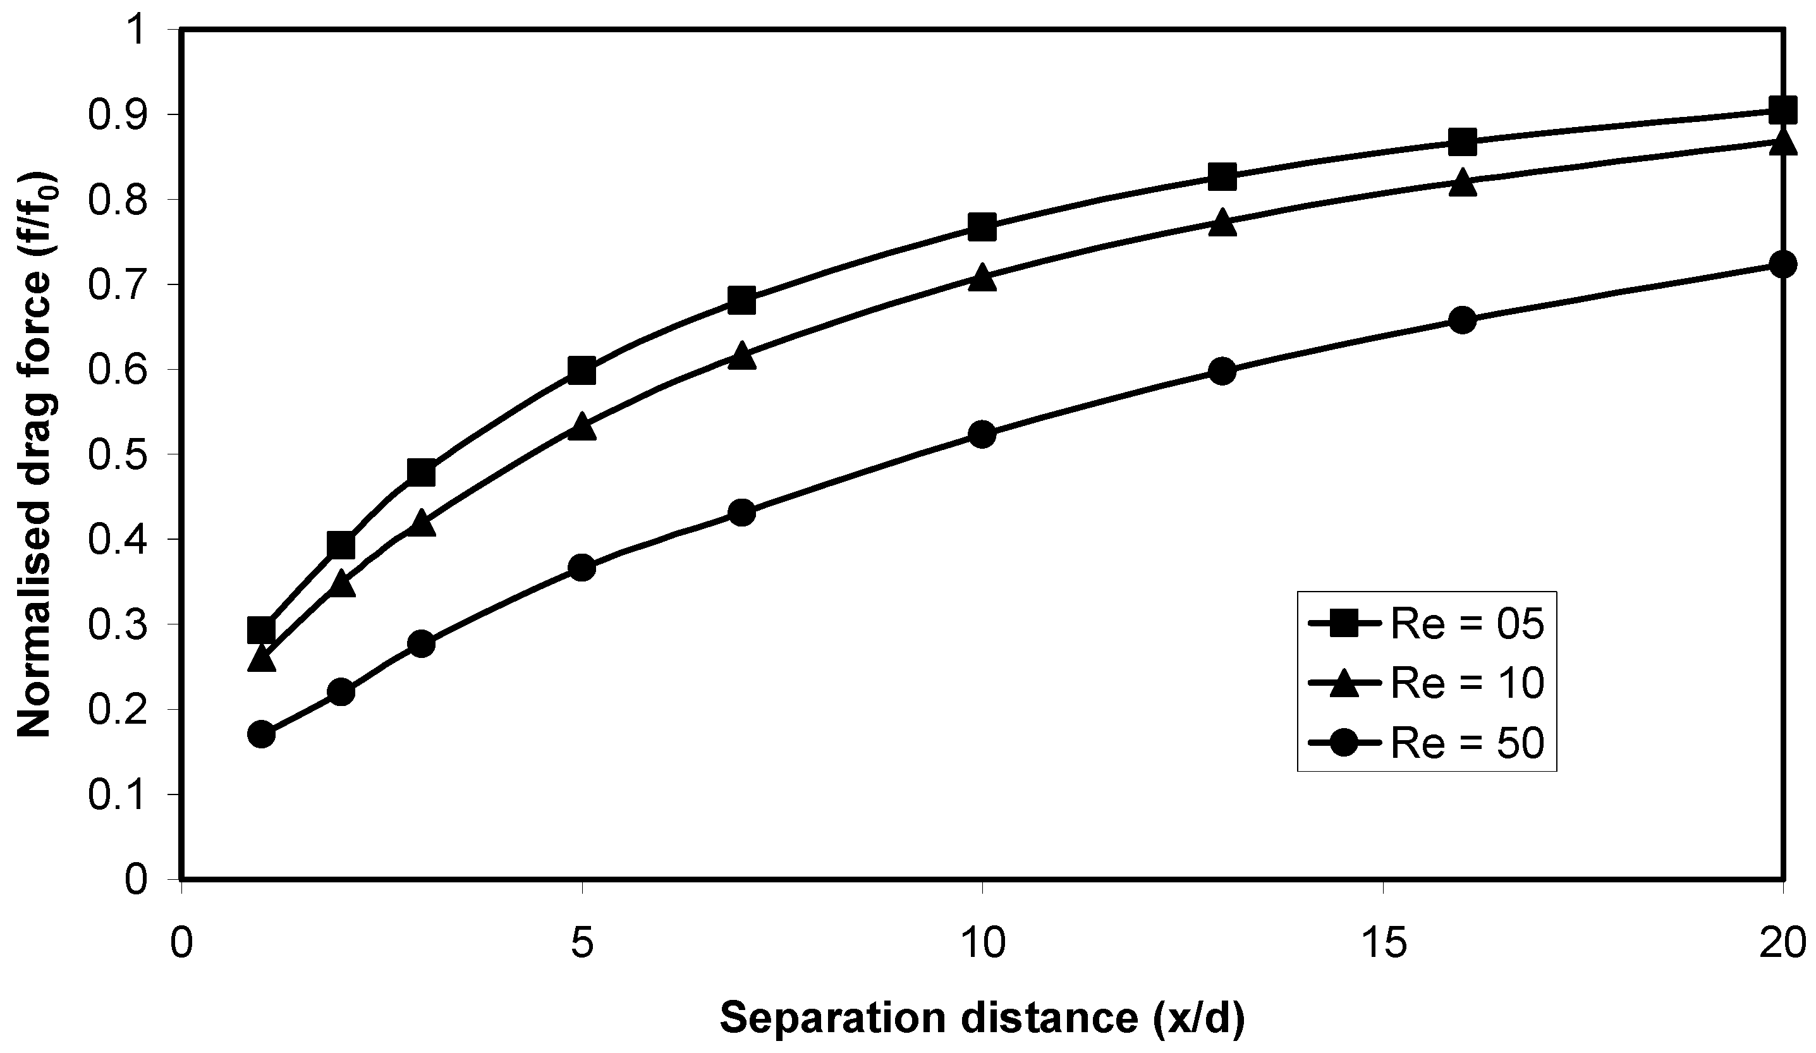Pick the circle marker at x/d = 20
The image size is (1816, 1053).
click(x=1782, y=264)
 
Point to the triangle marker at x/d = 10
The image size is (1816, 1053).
click(x=982, y=278)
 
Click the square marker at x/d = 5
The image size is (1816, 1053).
click(x=582, y=370)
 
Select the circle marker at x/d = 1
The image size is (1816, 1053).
click(x=261, y=734)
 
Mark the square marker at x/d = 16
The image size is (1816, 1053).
click(x=1462, y=142)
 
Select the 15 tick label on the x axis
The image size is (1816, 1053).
click(x=1384, y=944)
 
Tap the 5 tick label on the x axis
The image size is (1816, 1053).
click(x=582, y=944)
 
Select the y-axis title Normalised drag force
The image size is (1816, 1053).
click(x=36, y=454)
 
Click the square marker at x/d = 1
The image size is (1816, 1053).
click(x=261, y=631)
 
